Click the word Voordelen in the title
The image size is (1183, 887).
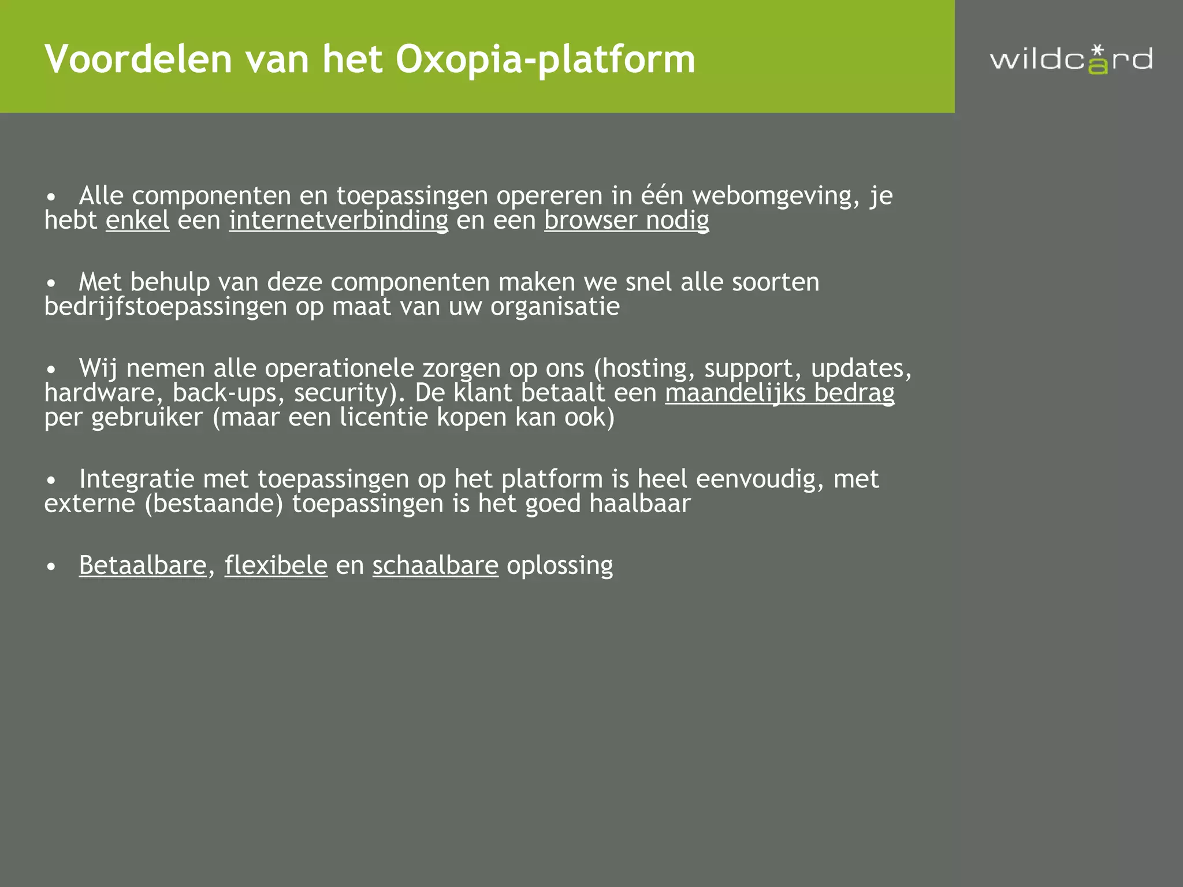[x=138, y=59]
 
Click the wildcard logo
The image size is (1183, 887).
[x=1072, y=59]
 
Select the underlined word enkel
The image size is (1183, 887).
[x=137, y=220]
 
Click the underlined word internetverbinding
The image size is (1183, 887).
[x=338, y=220]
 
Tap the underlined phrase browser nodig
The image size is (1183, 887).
[x=626, y=220]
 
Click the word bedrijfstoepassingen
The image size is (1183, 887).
[x=166, y=307]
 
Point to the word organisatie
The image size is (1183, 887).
[x=555, y=307]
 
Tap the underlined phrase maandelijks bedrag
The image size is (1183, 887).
[x=779, y=393]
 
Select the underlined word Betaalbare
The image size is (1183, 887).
[x=143, y=565]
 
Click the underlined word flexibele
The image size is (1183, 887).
[x=276, y=565]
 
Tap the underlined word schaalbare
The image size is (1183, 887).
[x=435, y=565]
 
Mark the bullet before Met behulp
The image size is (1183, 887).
[x=51, y=284]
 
